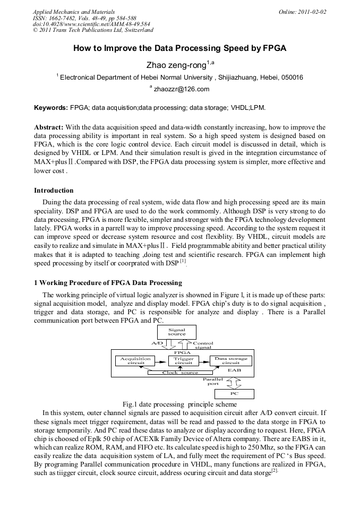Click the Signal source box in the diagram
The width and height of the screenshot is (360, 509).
click(x=177, y=332)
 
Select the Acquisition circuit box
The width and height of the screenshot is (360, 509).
click(x=135, y=361)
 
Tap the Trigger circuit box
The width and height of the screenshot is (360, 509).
click(x=184, y=361)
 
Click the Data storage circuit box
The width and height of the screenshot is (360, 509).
click(x=230, y=361)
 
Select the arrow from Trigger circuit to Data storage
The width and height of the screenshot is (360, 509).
click(x=203, y=360)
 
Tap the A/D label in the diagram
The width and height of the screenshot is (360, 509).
click(x=158, y=343)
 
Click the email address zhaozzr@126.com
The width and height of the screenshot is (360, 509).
click(x=181, y=89)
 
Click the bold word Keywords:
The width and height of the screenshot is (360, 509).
click(x=51, y=107)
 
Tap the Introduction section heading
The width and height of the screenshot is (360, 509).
click(x=54, y=190)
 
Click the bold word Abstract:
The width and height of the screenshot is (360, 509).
click(x=49, y=127)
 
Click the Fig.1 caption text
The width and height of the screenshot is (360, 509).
click(x=179, y=404)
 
